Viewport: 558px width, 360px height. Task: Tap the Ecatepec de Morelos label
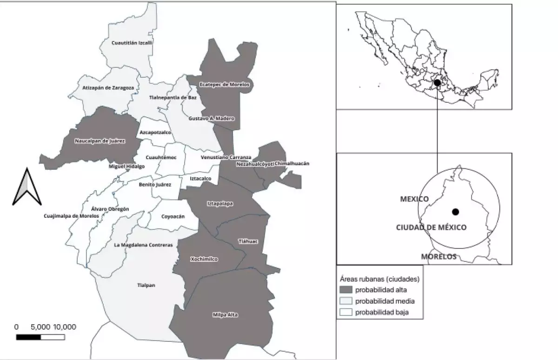225,85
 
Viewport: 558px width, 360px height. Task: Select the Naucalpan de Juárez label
100,140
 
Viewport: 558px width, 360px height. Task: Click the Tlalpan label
146,285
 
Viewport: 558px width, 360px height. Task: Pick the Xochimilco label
204,259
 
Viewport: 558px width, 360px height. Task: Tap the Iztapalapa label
220,204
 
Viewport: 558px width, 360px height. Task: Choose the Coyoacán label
173,217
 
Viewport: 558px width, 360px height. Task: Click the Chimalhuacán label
292,163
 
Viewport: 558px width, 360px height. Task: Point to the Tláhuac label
245,241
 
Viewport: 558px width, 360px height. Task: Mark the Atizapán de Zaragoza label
108,87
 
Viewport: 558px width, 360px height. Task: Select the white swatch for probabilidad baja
346,312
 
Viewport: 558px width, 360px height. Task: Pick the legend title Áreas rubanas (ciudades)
380,279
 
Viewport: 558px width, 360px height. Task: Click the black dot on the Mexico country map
437,83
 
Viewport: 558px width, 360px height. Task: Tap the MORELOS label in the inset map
438,257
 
